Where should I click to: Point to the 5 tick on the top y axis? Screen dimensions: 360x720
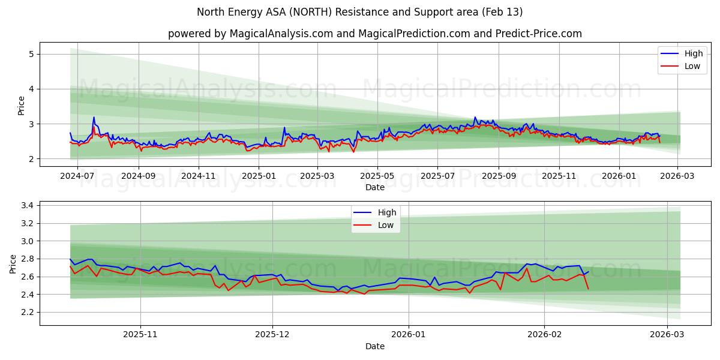(30, 54)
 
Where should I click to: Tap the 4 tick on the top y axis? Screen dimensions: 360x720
(30, 89)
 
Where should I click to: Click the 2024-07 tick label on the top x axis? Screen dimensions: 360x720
(78, 176)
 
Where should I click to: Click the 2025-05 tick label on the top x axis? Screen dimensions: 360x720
(377, 176)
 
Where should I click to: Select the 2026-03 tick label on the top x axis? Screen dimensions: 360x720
(677, 176)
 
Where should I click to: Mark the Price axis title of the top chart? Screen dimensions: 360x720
(21, 106)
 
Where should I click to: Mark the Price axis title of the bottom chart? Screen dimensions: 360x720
(13, 263)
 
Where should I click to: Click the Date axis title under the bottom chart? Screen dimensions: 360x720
(375, 347)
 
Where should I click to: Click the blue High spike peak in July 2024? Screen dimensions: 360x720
(94, 117)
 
